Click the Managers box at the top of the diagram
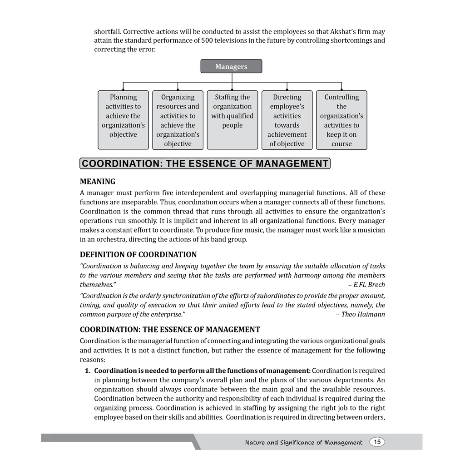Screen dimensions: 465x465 [231, 66]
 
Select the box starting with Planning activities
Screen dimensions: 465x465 [123, 120]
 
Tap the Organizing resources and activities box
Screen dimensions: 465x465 [178, 120]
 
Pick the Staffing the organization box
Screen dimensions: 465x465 [232, 120]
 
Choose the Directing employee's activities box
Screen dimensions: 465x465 [287, 120]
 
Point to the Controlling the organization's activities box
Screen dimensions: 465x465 [341, 120]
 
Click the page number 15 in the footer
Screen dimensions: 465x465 [377, 442]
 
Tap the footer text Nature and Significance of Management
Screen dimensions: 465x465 [303, 442]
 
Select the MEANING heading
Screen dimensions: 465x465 [98, 182]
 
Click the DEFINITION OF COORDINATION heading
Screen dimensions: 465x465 [139, 254]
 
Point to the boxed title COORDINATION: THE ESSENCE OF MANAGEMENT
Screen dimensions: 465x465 [205, 163]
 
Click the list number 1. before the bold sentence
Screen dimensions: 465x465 [88, 371]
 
